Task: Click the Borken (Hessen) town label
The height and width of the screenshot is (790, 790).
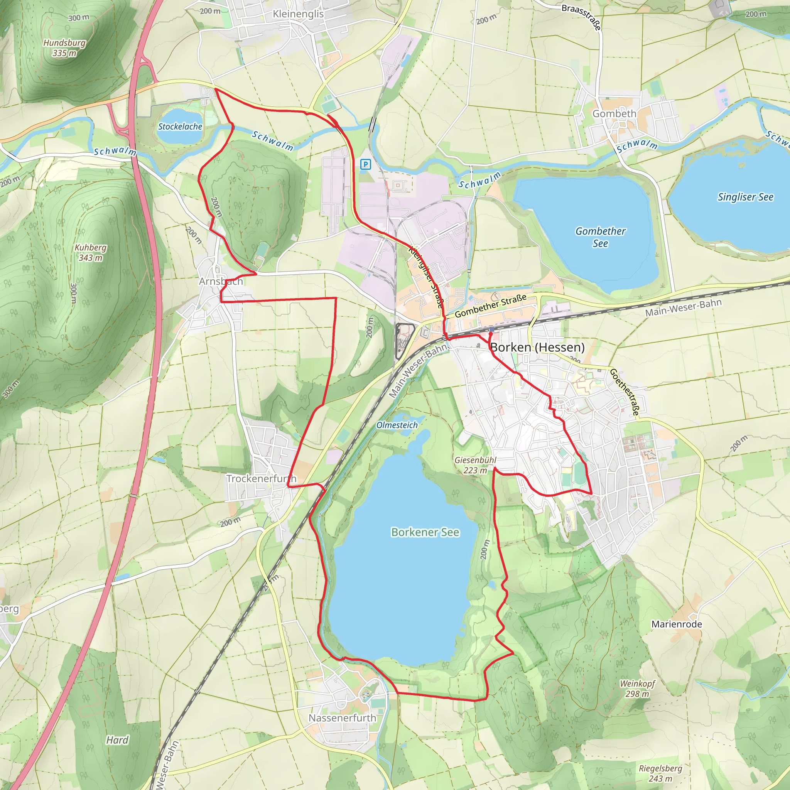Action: coord(537,347)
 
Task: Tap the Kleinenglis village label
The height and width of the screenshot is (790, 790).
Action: coord(298,14)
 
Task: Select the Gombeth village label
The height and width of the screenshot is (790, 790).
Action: coord(614,114)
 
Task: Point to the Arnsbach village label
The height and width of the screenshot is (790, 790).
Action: coord(221,281)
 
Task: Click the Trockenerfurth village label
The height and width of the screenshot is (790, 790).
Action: coord(261,478)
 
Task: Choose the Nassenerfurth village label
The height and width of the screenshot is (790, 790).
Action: coord(342,718)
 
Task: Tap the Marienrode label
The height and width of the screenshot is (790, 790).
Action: coord(677,624)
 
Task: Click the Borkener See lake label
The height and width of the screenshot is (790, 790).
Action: coord(425,532)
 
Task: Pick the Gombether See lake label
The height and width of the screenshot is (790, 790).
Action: coord(600,237)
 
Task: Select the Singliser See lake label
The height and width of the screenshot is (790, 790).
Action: coord(745,197)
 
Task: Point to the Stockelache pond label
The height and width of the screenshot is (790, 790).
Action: coord(180,127)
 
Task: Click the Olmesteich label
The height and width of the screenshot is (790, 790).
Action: coord(397,425)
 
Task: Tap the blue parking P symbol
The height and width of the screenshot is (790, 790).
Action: coord(365,164)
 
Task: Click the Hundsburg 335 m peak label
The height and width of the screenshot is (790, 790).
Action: coord(64,48)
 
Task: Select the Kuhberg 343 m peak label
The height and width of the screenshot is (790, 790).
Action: coord(90,253)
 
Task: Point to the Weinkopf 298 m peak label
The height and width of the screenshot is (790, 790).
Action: coord(637,689)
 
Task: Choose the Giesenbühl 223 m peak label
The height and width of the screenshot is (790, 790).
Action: coord(475,465)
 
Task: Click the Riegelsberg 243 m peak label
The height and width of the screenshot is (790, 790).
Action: coord(660,773)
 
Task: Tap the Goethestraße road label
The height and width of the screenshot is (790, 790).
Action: coord(624,392)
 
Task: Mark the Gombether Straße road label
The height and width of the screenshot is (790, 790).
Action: coord(490,306)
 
